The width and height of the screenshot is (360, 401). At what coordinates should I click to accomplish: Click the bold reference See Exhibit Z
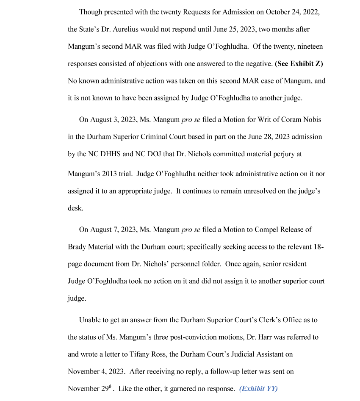coord(299,64)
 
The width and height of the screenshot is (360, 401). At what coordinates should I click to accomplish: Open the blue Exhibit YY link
coord(258,389)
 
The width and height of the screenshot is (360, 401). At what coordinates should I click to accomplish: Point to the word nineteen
coord(310,46)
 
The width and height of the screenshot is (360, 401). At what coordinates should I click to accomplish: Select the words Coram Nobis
coord(300,120)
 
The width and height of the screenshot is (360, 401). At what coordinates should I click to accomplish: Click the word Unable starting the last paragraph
coord(89,320)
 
